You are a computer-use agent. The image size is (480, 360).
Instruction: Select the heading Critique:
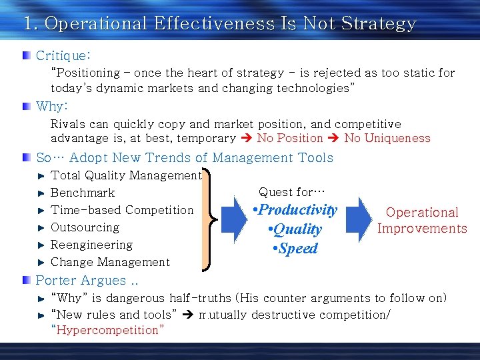63,55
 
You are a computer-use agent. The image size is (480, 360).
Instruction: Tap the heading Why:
53,107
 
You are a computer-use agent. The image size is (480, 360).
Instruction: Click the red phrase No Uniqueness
387,139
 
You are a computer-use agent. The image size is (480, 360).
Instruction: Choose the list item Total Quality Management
126,175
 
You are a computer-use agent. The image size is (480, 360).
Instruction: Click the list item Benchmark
83,193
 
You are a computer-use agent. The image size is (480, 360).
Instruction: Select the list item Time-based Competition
122,210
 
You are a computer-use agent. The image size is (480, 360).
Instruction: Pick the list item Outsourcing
85,227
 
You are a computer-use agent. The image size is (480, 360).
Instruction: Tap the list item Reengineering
91,245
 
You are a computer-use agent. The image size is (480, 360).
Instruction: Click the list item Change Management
110,262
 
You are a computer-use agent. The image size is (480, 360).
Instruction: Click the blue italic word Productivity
297,210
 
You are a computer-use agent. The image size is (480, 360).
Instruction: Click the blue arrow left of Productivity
235,219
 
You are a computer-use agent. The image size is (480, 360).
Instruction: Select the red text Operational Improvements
422,221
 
